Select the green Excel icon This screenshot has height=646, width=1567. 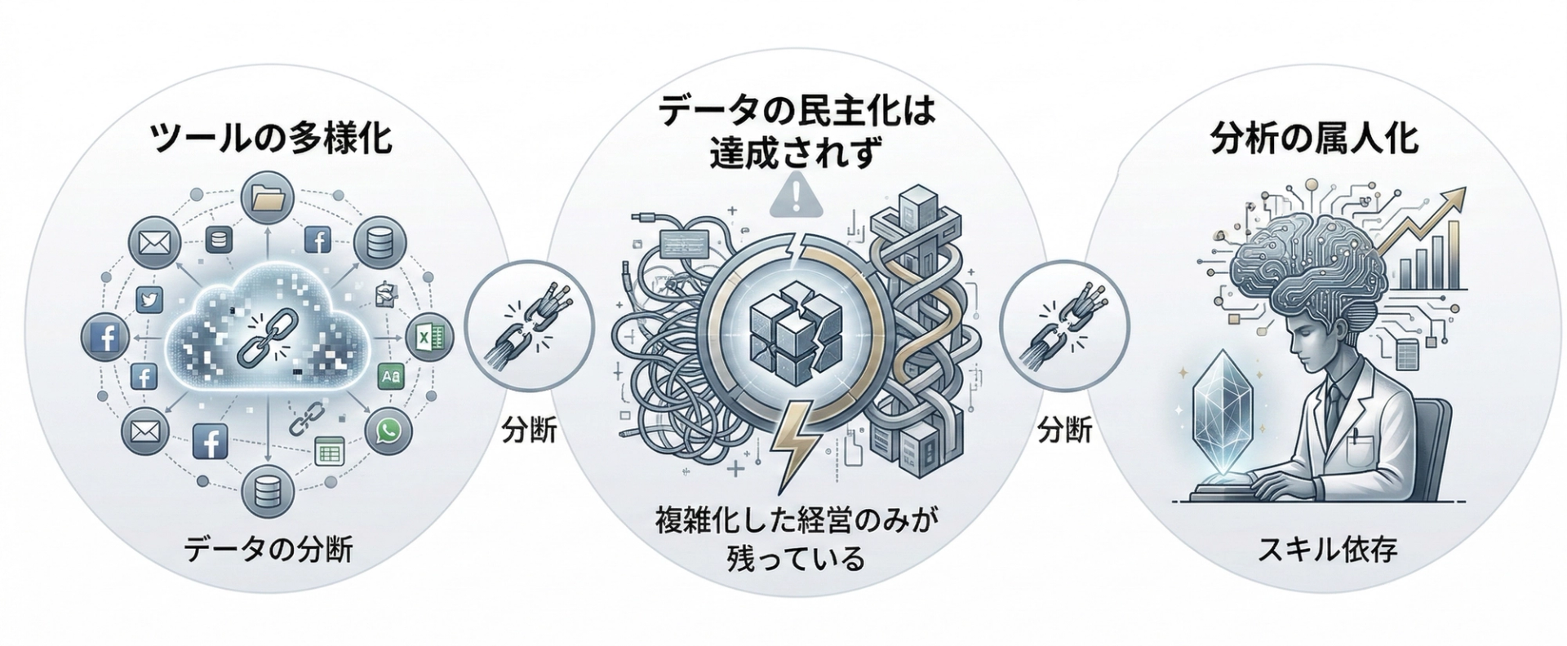(x=430, y=335)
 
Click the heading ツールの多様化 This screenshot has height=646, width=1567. (x=272, y=139)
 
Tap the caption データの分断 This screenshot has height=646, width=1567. (x=269, y=550)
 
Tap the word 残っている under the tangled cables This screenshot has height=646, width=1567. (x=794, y=560)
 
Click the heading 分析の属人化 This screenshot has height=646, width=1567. (x=1313, y=139)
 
